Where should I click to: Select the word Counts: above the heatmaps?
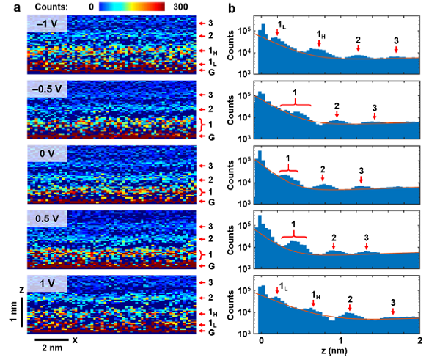pos(47,5)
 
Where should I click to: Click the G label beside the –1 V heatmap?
pos(211,70)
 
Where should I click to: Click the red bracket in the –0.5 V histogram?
pos(295,104)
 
